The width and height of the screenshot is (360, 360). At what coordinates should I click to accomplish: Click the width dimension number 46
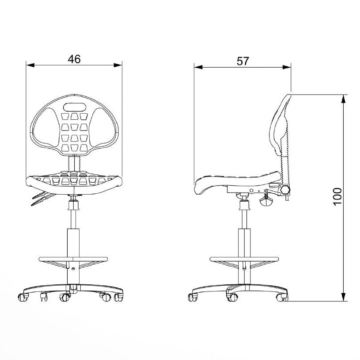click(x=74, y=59)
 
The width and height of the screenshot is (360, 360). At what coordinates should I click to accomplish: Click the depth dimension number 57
click(x=243, y=61)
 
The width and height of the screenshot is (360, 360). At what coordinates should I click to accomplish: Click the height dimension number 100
click(x=337, y=196)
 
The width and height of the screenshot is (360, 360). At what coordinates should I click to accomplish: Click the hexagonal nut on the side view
click(x=285, y=190)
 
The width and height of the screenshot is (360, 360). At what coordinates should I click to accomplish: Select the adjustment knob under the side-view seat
click(x=266, y=201)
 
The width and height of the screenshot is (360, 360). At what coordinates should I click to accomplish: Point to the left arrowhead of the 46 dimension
click(x=30, y=65)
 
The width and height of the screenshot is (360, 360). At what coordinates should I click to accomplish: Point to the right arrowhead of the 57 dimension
click(x=287, y=67)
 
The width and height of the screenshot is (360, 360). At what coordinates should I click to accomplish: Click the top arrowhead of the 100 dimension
click(x=344, y=99)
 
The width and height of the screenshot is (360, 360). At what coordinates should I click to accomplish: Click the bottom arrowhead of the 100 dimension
click(x=344, y=297)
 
